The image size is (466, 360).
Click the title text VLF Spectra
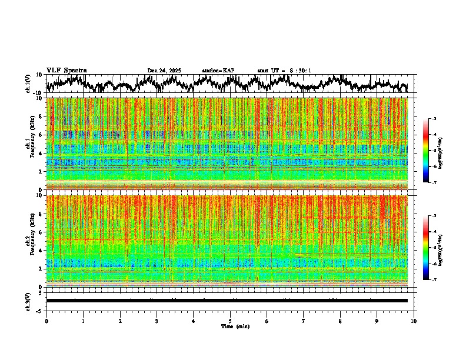click(66, 71)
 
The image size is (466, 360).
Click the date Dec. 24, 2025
click(164, 71)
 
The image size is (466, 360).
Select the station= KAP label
click(218, 71)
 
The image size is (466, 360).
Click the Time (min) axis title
click(230, 326)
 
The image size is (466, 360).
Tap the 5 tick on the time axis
click(230, 321)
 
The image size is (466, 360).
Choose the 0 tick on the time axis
click(46, 321)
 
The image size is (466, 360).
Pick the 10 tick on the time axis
click(414, 321)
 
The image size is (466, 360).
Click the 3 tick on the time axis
click(157, 321)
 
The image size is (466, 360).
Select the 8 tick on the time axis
click(340, 321)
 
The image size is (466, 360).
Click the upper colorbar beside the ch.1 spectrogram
click(427, 151)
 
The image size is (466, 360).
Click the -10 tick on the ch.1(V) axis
click(38, 93)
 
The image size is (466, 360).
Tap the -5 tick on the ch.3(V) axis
click(39, 310)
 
